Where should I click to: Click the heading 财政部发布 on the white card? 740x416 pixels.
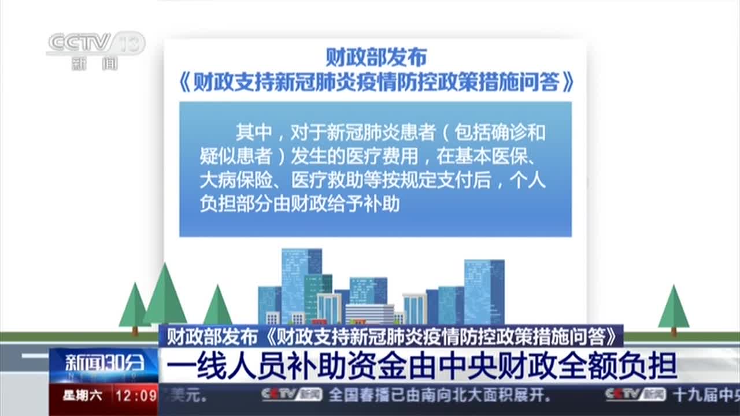[x=376, y=58]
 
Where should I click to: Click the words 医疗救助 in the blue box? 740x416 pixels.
[x=320, y=180]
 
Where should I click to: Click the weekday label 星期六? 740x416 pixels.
[x=83, y=396]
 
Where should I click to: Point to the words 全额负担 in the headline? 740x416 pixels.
[x=617, y=365]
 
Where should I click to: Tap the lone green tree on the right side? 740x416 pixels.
[x=674, y=309]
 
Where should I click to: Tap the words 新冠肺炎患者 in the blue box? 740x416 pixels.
[x=373, y=132]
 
